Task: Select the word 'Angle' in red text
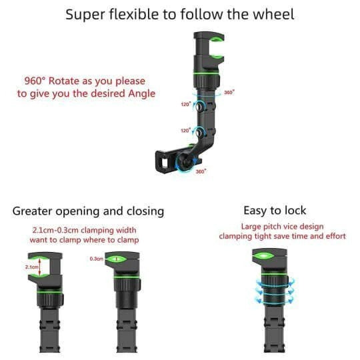click(x=141, y=93)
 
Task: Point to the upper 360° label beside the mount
click(x=229, y=92)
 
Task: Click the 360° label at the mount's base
click(x=201, y=171)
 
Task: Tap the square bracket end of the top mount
click(x=162, y=160)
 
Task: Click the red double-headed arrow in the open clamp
click(x=39, y=268)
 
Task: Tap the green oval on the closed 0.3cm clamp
click(x=119, y=258)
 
